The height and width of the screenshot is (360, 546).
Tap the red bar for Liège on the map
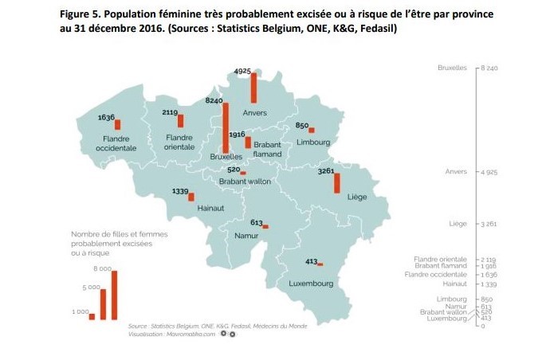click(x=336, y=182)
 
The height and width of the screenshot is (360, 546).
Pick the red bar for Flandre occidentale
click(x=118, y=124)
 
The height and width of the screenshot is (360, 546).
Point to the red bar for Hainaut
click(x=191, y=197)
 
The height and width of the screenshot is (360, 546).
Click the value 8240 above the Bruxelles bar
click(x=214, y=101)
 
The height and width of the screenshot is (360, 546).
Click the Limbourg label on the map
click(x=312, y=142)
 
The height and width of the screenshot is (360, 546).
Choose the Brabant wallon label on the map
click(x=245, y=182)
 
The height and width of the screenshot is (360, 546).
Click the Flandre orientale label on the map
click(x=179, y=142)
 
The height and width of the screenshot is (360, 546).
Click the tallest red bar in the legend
click(x=114, y=295)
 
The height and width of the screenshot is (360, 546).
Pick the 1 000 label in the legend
click(x=81, y=311)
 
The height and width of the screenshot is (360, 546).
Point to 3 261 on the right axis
click(x=488, y=224)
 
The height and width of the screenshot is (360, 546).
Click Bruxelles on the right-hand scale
click(x=452, y=68)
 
